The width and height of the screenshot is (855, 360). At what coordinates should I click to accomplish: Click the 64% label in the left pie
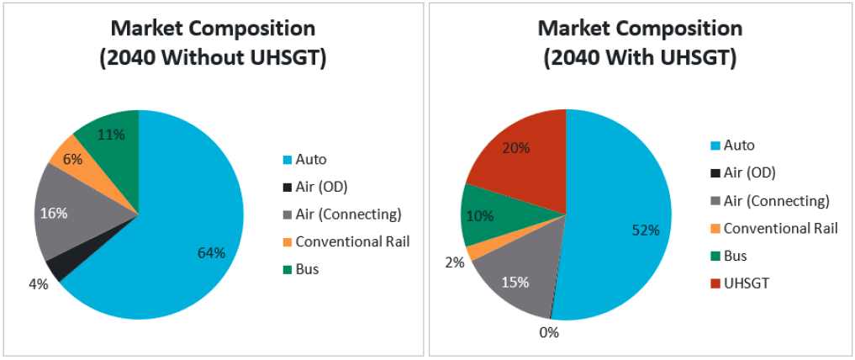coord(212,253)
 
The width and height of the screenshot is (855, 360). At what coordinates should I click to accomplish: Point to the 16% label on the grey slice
coord(54,213)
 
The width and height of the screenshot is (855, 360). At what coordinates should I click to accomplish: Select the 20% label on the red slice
coord(515,149)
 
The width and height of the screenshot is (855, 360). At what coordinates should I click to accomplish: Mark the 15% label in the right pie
coord(515,283)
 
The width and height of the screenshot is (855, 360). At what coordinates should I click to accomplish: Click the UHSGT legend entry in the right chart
coord(739,283)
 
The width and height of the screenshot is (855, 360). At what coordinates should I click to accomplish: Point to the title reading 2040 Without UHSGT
coord(213,60)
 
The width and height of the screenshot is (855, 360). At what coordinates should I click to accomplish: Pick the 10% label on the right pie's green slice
coord(481,215)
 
